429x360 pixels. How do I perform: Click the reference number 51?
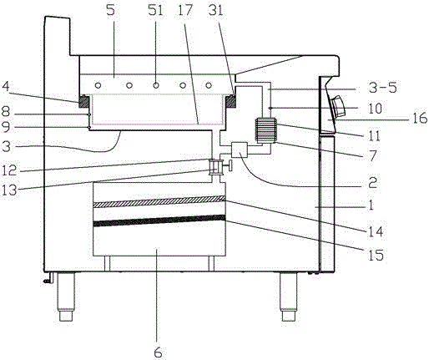155,11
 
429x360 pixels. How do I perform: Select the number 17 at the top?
185,10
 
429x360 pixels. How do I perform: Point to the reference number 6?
158,352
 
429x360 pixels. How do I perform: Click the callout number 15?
376,255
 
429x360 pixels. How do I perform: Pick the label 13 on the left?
9,190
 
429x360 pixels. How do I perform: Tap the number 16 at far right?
419,118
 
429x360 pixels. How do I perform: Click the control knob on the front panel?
338,106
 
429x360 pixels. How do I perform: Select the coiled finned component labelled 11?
265,130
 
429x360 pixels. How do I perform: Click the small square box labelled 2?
240,150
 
